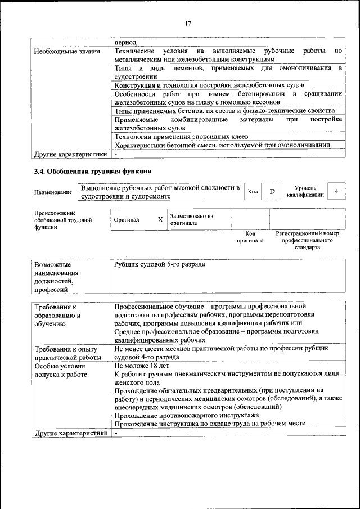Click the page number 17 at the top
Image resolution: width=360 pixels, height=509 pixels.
click(188, 23)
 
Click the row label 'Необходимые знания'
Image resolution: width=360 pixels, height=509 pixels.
click(67, 52)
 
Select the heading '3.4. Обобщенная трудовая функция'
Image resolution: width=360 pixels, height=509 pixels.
click(92, 170)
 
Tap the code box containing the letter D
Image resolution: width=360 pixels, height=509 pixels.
click(272, 192)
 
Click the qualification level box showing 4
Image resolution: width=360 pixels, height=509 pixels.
click(336, 191)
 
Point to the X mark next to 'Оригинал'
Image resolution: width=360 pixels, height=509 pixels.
click(160, 219)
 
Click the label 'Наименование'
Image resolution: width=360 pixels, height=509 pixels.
click(53, 192)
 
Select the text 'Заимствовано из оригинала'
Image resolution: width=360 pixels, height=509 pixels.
click(191, 219)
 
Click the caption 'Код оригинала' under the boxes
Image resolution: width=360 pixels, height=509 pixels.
click(250, 237)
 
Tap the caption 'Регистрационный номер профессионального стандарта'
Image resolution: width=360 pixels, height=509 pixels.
click(307, 240)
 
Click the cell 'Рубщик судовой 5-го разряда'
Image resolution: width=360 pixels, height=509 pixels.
click(160, 264)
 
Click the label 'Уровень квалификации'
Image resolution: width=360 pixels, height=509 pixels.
click(304, 191)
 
